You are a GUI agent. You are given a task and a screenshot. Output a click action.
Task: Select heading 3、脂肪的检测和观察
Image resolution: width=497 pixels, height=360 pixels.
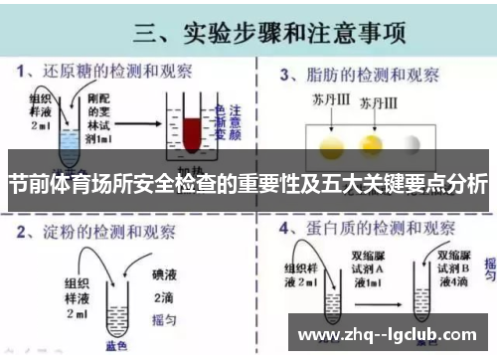click(359, 73)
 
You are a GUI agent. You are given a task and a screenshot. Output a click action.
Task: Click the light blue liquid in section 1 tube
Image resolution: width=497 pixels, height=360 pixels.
click(67, 146)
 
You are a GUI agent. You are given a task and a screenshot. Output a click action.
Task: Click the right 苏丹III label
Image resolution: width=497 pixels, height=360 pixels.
click(379, 101)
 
